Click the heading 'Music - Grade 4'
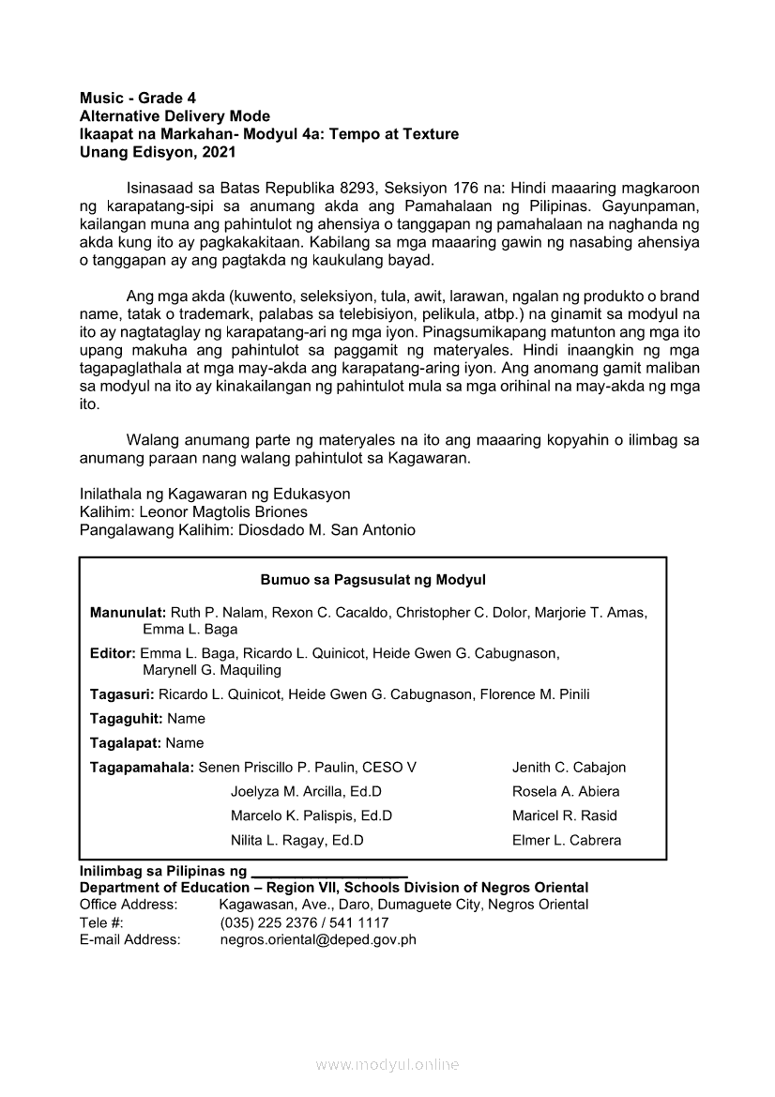click(138, 99)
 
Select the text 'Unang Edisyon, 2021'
click(145, 152)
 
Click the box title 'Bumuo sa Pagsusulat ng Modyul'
click(372, 580)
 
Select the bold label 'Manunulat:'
click(129, 613)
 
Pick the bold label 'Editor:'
click(113, 653)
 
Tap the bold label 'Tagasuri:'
click(122, 694)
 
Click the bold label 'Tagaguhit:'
click(127, 719)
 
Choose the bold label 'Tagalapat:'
click(126, 743)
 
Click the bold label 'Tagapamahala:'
click(142, 768)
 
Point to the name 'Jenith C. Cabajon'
click(569, 768)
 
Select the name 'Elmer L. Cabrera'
click(567, 841)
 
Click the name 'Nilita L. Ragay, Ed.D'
click(297, 841)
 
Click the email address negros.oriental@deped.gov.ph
click(318, 939)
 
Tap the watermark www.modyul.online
click(387, 1065)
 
